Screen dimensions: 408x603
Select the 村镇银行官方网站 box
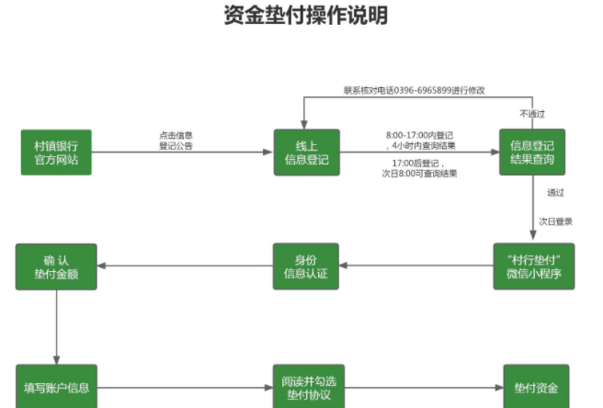[x=56, y=153]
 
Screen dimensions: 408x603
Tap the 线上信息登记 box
[x=306, y=153]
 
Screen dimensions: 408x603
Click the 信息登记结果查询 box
[x=531, y=153]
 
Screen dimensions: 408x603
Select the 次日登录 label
[x=556, y=221]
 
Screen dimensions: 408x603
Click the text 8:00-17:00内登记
[x=418, y=135]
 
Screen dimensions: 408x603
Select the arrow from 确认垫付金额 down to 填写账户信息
[x=56, y=327]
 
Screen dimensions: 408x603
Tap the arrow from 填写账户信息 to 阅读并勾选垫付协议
[x=185, y=387]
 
